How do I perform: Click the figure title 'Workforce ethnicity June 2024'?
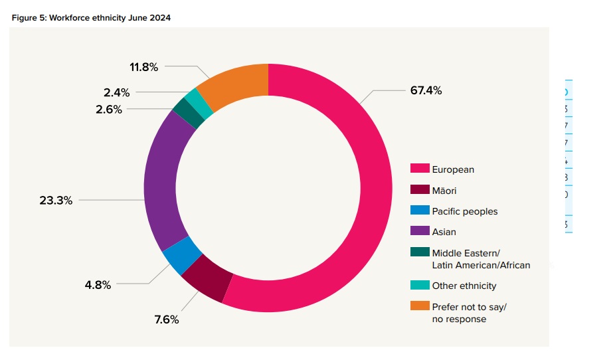91,18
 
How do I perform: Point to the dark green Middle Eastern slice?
189,114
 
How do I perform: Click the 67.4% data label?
426,90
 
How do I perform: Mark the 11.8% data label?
143,66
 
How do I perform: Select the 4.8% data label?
98,285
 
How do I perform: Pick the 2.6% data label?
109,110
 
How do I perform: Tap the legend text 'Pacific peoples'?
464,211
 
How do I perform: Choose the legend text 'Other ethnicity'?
464,286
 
